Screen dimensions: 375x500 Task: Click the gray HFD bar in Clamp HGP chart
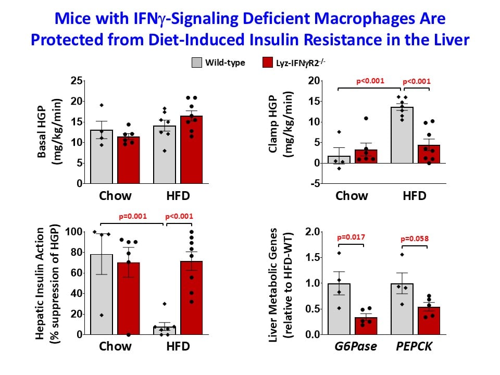[x=402, y=135]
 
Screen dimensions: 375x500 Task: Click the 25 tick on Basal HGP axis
[x=77, y=81]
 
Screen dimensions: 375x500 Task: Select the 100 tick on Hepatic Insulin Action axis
[x=75, y=232]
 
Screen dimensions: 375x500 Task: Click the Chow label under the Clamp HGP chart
[x=352, y=196]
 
